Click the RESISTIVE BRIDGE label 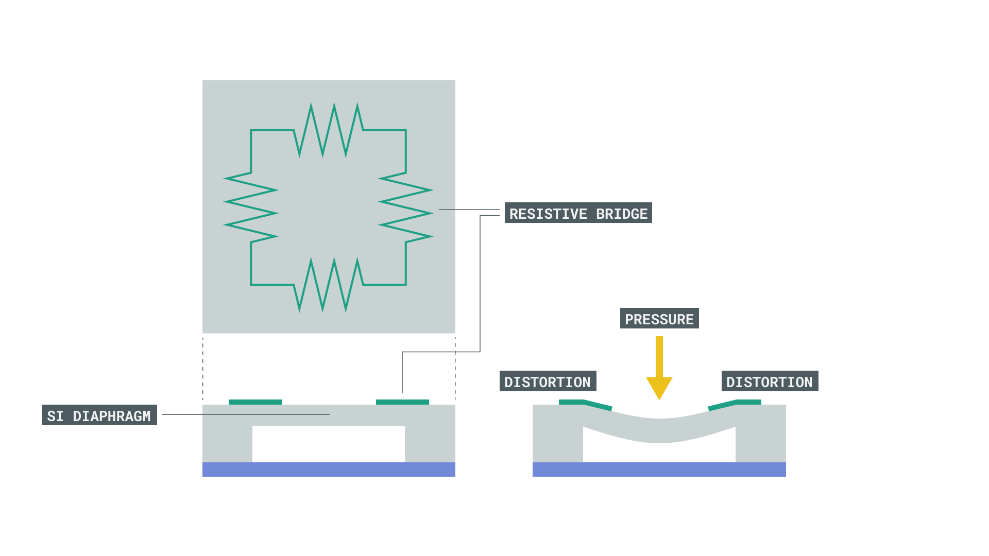click(578, 213)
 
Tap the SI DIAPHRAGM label click(99, 415)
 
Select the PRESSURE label click(659, 318)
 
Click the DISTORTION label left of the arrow click(548, 381)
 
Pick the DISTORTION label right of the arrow click(770, 381)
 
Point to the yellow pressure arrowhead click(659, 387)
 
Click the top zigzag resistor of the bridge click(329, 130)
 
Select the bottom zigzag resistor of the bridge click(329, 285)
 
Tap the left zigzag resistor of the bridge click(251, 207)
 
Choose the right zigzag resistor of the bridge click(406, 207)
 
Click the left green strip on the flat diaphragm click(255, 402)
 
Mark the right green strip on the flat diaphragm click(402, 402)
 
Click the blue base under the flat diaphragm click(329, 470)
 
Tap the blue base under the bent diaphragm click(659, 470)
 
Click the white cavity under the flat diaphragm click(329, 444)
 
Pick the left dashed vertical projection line click(203, 368)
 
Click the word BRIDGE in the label click(622, 213)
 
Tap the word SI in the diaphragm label click(55, 415)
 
